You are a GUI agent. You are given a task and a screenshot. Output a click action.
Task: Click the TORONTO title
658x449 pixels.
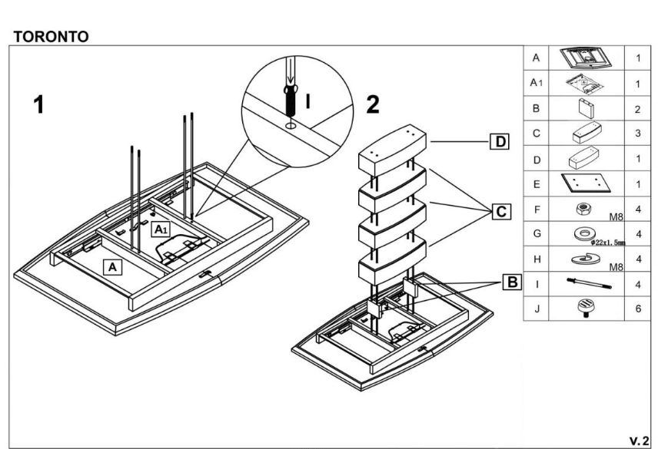pyautogui.click(x=51, y=37)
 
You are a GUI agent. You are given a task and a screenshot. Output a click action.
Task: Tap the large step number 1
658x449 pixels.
pyautogui.click(x=38, y=104)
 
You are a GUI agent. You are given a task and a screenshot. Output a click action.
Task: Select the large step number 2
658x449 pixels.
pyautogui.click(x=373, y=104)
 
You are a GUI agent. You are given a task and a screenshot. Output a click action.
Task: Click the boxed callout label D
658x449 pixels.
pyautogui.click(x=500, y=141)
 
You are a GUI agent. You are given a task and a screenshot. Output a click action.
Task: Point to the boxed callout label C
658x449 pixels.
pyautogui.click(x=501, y=212)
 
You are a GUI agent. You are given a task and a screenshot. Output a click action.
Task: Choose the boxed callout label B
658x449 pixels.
pyautogui.click(x=513, y=282)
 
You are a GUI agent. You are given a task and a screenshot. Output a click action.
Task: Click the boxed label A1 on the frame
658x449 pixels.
pyautogui.click(x=161, y=229)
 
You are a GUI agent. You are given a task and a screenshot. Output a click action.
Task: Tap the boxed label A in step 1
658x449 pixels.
pyautogui.click(x=112, y=267)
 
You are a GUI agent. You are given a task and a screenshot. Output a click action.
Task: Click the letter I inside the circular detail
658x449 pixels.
pyautogui.click(x=308, y=101)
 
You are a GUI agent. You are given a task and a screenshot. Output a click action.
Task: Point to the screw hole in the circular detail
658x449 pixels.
pyautogui.click(x=290, y=125)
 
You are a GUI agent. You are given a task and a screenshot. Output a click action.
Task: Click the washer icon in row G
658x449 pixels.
pyautogui.click(x=584, y=234)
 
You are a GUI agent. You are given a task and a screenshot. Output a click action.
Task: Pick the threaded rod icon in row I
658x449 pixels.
pyautogui.click(x=589, y=283)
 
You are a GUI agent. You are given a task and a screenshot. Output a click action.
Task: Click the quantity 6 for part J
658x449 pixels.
pyautogui.click(x=638, y=309)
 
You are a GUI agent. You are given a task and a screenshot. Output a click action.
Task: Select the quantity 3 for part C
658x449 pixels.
pyautogui.click(x=638, y=134)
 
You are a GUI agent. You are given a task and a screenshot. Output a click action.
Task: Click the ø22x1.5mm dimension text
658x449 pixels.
pyautogui.click(x=608, y=243)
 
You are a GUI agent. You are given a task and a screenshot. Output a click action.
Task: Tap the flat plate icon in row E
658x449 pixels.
pyautogui.click(x=586, y=183)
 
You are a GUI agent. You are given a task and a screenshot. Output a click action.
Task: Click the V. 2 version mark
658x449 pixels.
pyautogui.click(x=639, y=441)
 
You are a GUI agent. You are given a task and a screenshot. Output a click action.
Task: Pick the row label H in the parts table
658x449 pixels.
pyautogui.click(x=537, y=259)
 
